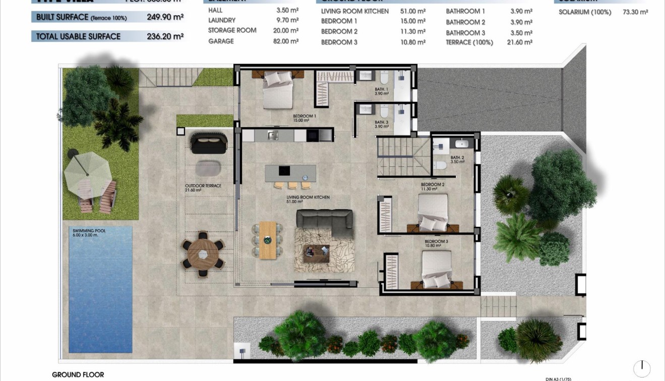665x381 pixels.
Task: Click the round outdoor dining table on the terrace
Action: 203,254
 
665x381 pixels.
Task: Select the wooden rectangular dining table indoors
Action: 268,240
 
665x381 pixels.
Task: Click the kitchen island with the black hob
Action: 290,173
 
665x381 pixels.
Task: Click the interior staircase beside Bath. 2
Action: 403,156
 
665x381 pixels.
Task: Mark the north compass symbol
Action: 642,368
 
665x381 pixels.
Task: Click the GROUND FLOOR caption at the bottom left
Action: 78,374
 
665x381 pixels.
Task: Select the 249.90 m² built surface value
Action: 165,17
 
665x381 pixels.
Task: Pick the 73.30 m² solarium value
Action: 635,12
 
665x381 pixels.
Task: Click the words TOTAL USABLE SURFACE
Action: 78,36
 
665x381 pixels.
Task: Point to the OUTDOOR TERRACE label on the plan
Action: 203,186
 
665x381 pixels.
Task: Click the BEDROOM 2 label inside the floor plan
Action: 433,185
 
